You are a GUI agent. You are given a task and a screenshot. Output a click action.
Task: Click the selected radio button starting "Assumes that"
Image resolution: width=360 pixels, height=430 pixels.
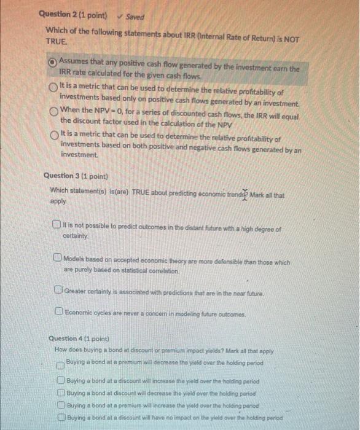(x=53, y=62)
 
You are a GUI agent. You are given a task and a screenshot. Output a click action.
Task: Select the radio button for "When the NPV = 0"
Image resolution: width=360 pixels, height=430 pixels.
(x=55, y=111)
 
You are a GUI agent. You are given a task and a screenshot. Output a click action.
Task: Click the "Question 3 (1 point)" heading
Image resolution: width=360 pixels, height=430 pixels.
(x=77, y=176)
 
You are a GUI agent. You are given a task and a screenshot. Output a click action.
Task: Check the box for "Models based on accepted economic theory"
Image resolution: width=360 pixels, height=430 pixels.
(x=57, y=258)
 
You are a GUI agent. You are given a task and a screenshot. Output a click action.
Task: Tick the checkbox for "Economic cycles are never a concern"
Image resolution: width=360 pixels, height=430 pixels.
(x=57, y=313)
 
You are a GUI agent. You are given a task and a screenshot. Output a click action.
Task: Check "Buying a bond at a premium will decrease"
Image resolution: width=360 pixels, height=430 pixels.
(x=60, y=365)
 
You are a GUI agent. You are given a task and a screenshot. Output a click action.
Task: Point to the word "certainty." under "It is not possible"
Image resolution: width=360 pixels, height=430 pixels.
(x=76, y=235)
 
